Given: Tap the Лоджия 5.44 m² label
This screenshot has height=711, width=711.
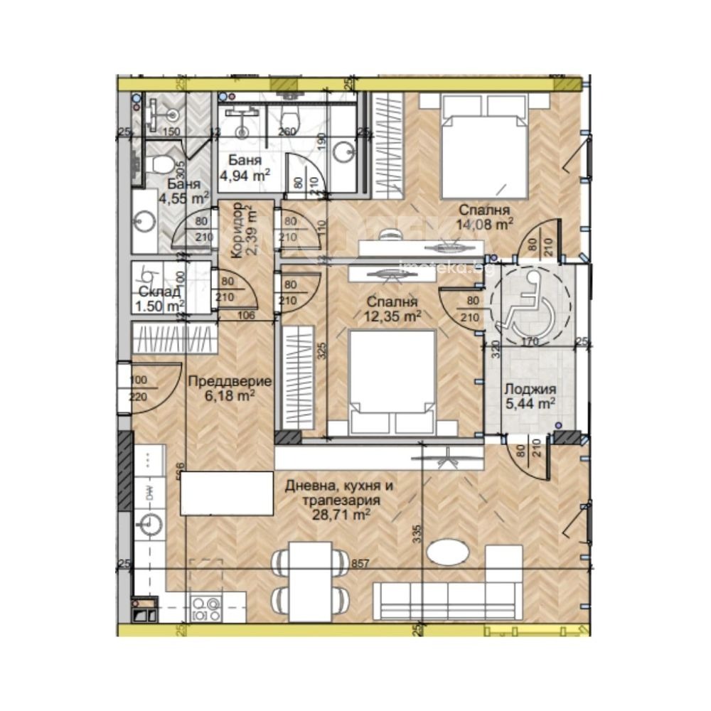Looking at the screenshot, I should click(529, 396).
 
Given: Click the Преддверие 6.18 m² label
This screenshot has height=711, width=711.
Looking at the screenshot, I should click(229, 387).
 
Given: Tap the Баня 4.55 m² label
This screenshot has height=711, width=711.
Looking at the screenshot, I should click(171, 193).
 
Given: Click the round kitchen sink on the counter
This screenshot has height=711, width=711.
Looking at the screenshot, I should click(151, 525).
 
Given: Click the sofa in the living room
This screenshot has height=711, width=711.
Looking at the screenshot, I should click(448, 602).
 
